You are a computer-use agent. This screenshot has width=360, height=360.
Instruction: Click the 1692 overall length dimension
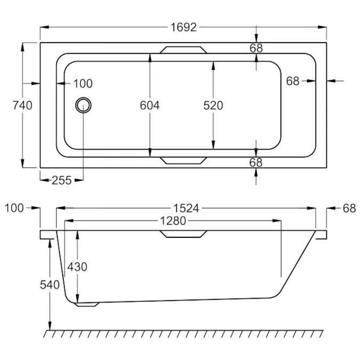point(183,27)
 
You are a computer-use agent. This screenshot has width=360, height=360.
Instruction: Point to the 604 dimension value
point(150,106)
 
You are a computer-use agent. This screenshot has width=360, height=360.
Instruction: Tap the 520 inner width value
point(213,106)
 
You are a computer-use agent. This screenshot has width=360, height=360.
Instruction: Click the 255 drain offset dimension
point(62,180)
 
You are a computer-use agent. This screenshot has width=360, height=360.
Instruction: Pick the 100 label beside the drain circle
point(83,84)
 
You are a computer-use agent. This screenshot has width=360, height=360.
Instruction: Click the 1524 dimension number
point(186,209)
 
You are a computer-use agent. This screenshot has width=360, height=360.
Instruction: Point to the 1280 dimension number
point(172,220)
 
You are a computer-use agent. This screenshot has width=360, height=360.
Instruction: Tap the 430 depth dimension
point(77,266)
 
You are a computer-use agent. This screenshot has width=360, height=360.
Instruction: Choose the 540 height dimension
point(50,285)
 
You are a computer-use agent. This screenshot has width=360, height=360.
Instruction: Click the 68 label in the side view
point(349,208)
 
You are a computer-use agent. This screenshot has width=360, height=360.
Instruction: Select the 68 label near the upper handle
point(256,48)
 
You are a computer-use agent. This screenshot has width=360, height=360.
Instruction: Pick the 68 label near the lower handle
point(256,163)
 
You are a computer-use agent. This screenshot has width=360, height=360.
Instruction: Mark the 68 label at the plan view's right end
point(293,81)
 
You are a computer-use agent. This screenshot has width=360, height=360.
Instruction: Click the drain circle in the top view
point(83,105)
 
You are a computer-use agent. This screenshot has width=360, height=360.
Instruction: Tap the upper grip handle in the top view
point(183,50)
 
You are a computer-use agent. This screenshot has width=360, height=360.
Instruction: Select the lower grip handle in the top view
point(183,160)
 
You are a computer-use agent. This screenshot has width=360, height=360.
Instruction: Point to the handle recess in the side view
point(183,234)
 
